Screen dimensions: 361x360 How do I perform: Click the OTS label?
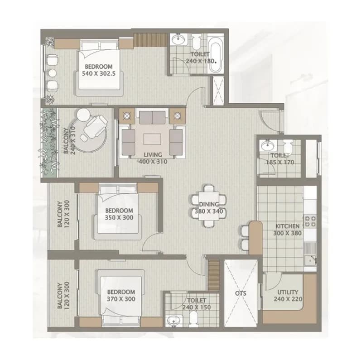pyautogui.click(x=241, y=293)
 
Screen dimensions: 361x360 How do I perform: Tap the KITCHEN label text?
pyautogui.click(x=287, y=226)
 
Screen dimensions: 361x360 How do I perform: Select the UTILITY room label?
pyautogui.click(x=288, y=292)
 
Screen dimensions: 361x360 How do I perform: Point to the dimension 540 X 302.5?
pyautogui.click(x=99, y=74)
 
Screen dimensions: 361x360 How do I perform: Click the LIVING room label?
pyautogui.click(x=153, y=155)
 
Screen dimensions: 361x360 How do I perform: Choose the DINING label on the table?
pyautogui.click(x=209, y=204)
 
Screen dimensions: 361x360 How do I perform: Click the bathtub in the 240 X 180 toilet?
pyautogui.click(x=216, y=57)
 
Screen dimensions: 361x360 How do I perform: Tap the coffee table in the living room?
pyautogui.click(x=152, y=139)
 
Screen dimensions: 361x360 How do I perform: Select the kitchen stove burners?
pyautogui.click(x=310, y=221)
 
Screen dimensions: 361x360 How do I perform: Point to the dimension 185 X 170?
pyautogui.click(x=280, y=162)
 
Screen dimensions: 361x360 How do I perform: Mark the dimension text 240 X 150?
pyautogui.click(x=197, y=307)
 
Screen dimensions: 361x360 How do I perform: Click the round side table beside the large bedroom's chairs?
pyautogui.click(x=53, y=73)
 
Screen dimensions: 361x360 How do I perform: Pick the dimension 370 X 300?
pyautogui.click(x=121, y=299)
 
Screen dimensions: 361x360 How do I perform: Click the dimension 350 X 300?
pyautogui.click(x=119, y=217)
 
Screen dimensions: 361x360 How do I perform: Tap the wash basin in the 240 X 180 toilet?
pyautogui.click(x=178, y=39)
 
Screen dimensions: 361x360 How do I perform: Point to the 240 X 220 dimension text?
pyautogui.click(x=288, y=299)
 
